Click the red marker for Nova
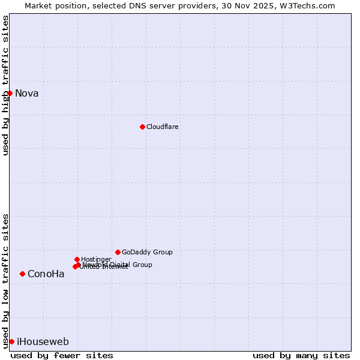(10, 93)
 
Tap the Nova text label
(27, 93)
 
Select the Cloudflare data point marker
(142, 127)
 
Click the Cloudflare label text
(162, 127)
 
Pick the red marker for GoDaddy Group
(118, 252)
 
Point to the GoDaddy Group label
(147, 252)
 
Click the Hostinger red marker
(77, 259)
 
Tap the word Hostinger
(96, 259)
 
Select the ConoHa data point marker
(22, 274)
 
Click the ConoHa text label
(46, 274)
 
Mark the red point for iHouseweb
(11, 341)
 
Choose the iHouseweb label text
(43, 342)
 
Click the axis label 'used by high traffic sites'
(5, 85)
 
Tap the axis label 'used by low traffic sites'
(5, 281)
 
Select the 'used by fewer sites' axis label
(62, 355)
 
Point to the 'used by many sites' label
(301, 355)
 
